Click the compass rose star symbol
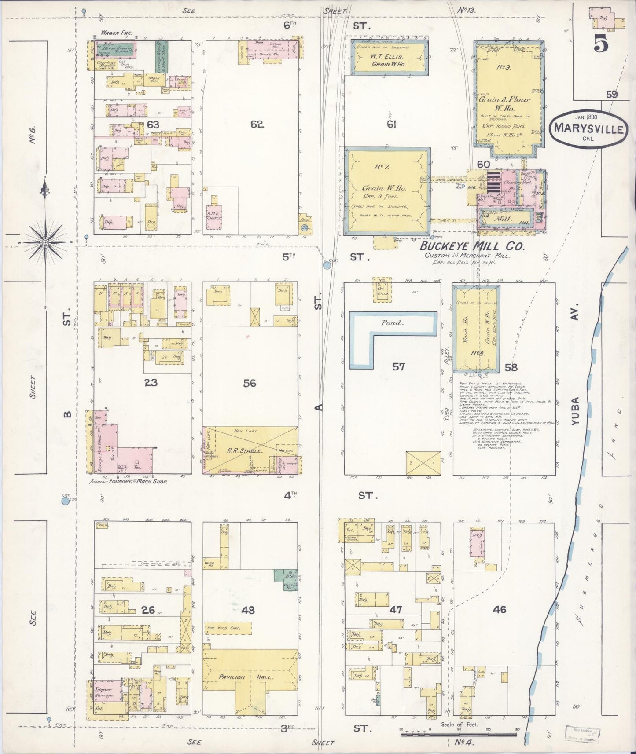point(46,242)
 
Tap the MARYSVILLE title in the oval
point(588,129)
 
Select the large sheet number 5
point(600,42)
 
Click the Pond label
point(391,322)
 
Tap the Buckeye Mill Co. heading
point(472,246)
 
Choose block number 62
point(257,124)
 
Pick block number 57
point(398,366)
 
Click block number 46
point(499,609)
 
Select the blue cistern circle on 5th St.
point(327,265)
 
